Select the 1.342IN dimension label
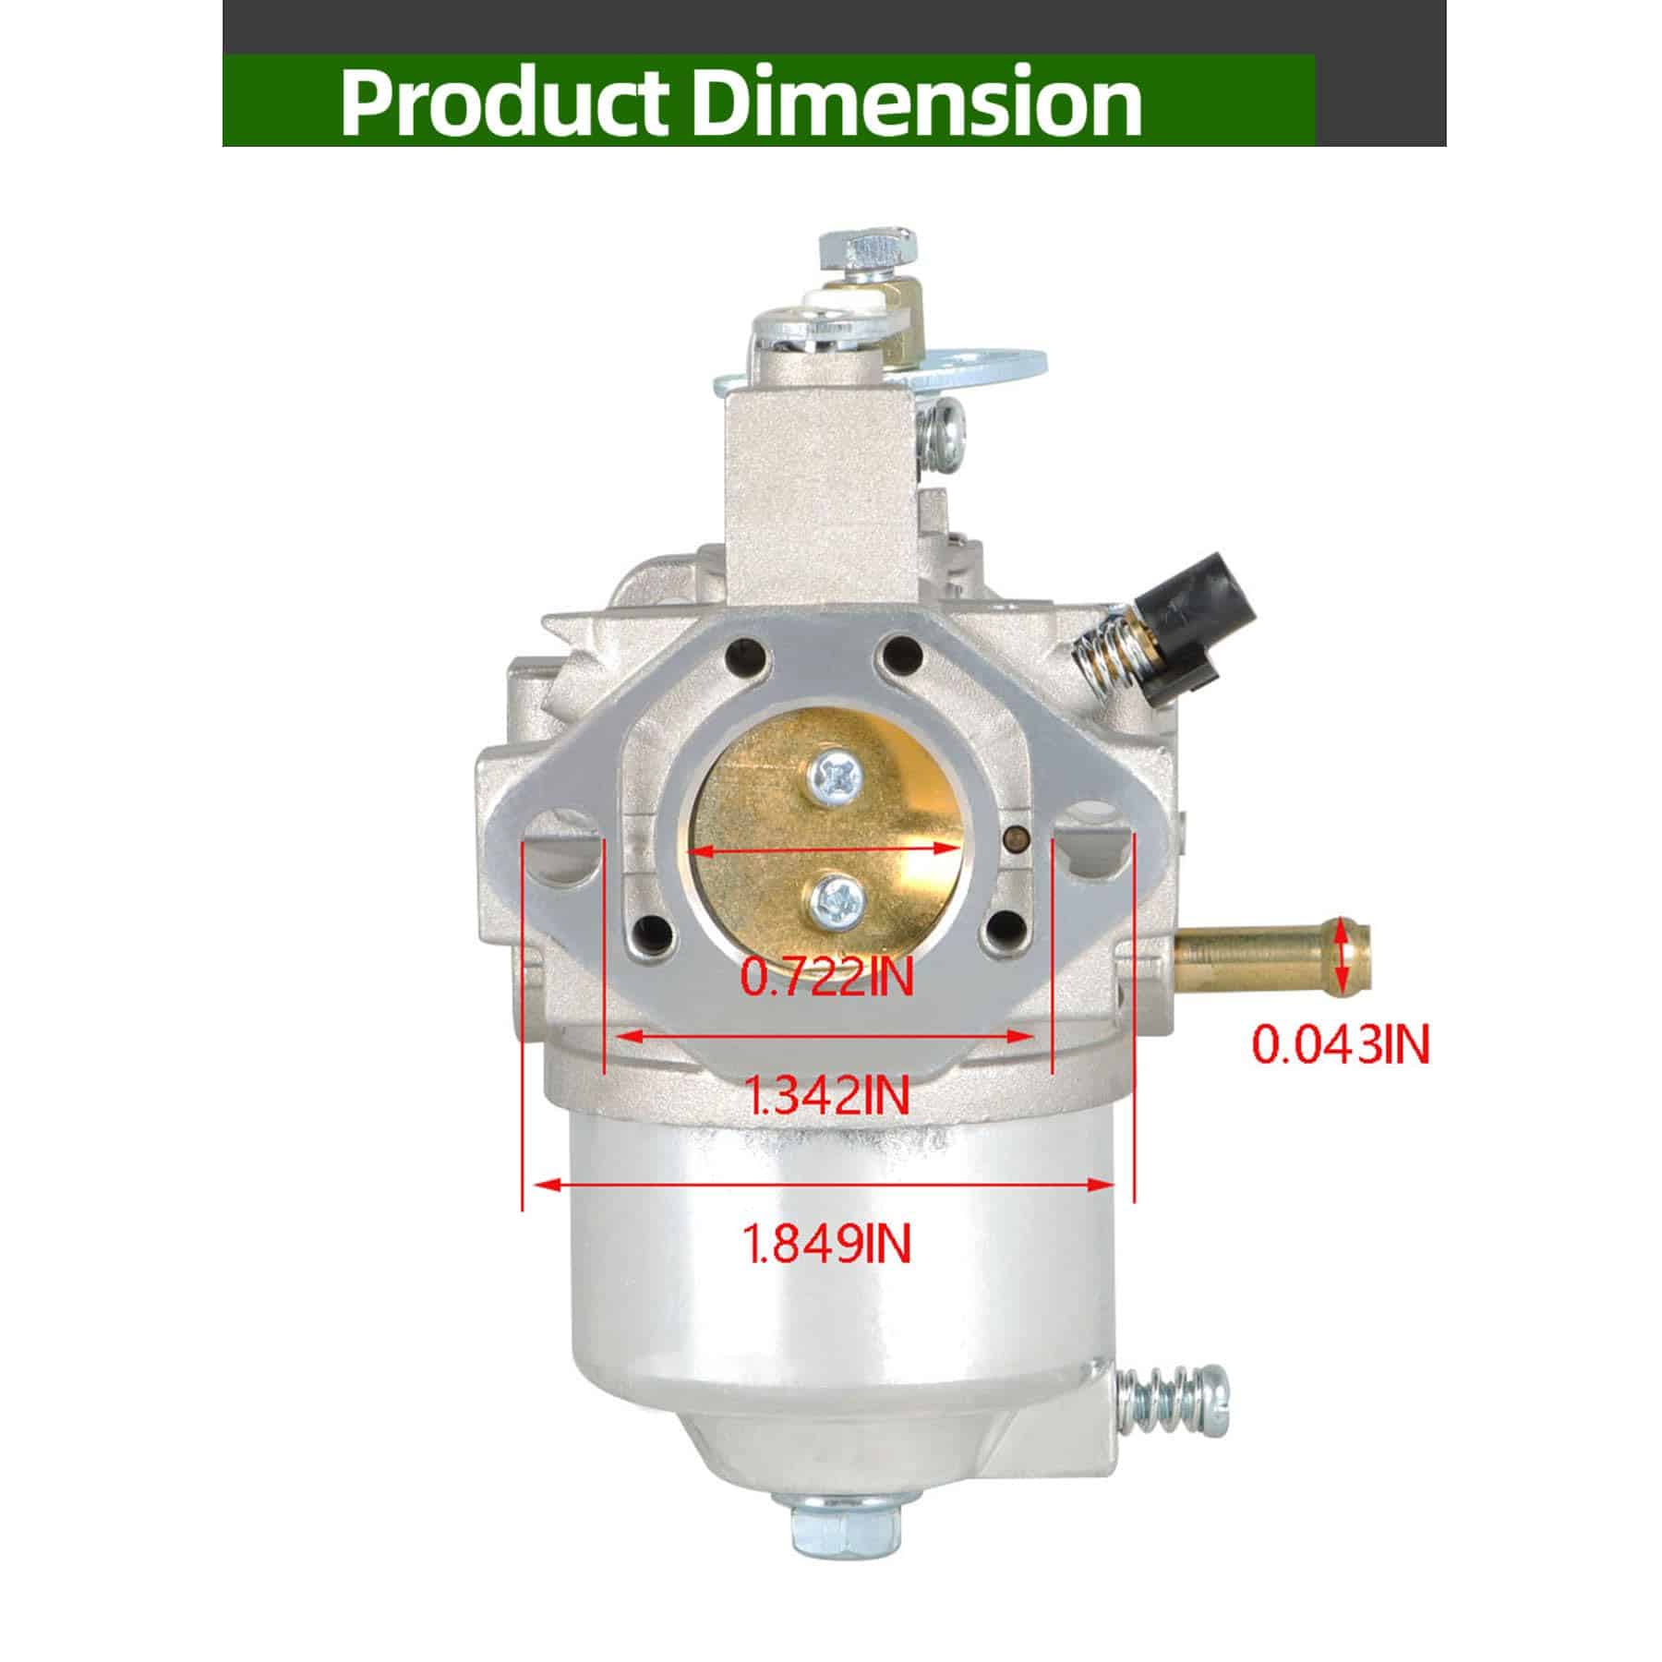point(827,1096)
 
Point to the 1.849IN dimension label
point(827,1243)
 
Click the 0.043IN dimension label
point(1340,1045)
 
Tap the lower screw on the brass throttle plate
point(837,898)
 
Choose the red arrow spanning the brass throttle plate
point(826,848)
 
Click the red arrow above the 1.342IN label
point(826,1036)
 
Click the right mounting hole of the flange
point(1092,842)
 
